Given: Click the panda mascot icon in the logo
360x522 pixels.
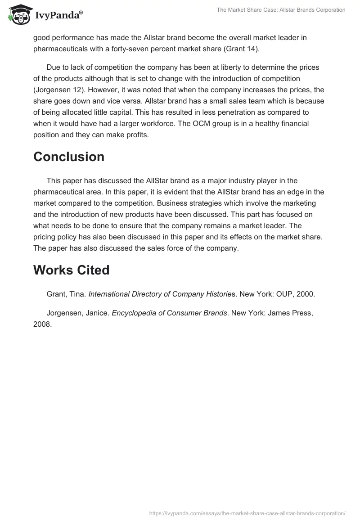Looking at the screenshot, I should click(19, 15).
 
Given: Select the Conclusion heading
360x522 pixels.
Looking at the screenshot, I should click(69, 157).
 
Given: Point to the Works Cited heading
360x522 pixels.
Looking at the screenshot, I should click(72, 270).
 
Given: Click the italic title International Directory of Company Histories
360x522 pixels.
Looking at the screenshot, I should click(160, 294).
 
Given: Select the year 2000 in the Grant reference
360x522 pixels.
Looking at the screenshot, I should click(306, 294).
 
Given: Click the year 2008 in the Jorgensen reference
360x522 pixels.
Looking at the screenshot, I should click(42, 323).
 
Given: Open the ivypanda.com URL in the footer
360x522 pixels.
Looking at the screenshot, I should click(247, 513).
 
